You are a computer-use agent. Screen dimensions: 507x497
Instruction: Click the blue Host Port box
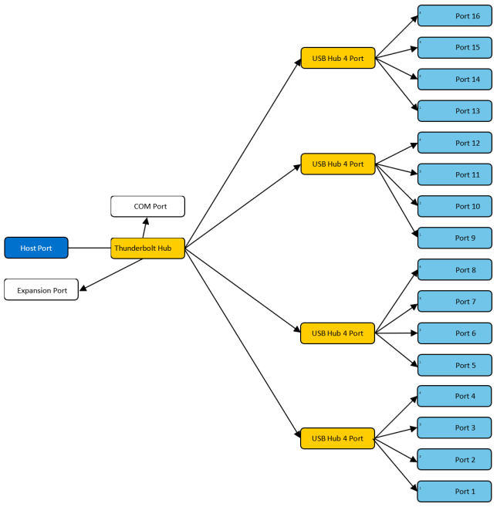[36, 248]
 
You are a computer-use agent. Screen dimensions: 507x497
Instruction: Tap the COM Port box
[148, 206]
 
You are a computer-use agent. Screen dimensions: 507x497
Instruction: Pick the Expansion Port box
[42, 290]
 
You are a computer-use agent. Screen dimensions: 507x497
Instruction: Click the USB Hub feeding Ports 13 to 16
[337, 58]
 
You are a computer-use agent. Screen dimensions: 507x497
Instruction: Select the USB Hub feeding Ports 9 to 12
[337, 164]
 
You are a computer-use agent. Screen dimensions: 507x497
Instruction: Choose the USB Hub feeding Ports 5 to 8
[337, 333]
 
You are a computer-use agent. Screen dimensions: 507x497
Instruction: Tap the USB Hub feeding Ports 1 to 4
[337, 438]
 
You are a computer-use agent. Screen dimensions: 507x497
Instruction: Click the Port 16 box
[455, 16]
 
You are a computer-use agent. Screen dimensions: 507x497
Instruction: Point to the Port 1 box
[455, 491]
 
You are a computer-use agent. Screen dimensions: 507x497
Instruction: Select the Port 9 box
[455, 238]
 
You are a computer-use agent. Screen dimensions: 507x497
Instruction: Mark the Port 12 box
[455, 143]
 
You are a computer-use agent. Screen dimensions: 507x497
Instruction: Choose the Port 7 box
[455, 301]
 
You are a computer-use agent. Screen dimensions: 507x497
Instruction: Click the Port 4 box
[455, 396]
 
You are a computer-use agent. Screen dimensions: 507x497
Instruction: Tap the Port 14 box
[455, 79]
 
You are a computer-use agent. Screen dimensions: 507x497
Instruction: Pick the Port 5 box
[455, 364]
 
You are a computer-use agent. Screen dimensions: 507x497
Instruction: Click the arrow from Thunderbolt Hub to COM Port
[144, 227]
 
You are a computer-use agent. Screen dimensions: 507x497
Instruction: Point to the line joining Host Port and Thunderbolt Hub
[90, 248]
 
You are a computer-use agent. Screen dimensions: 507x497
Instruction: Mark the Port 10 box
[455, 206]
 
